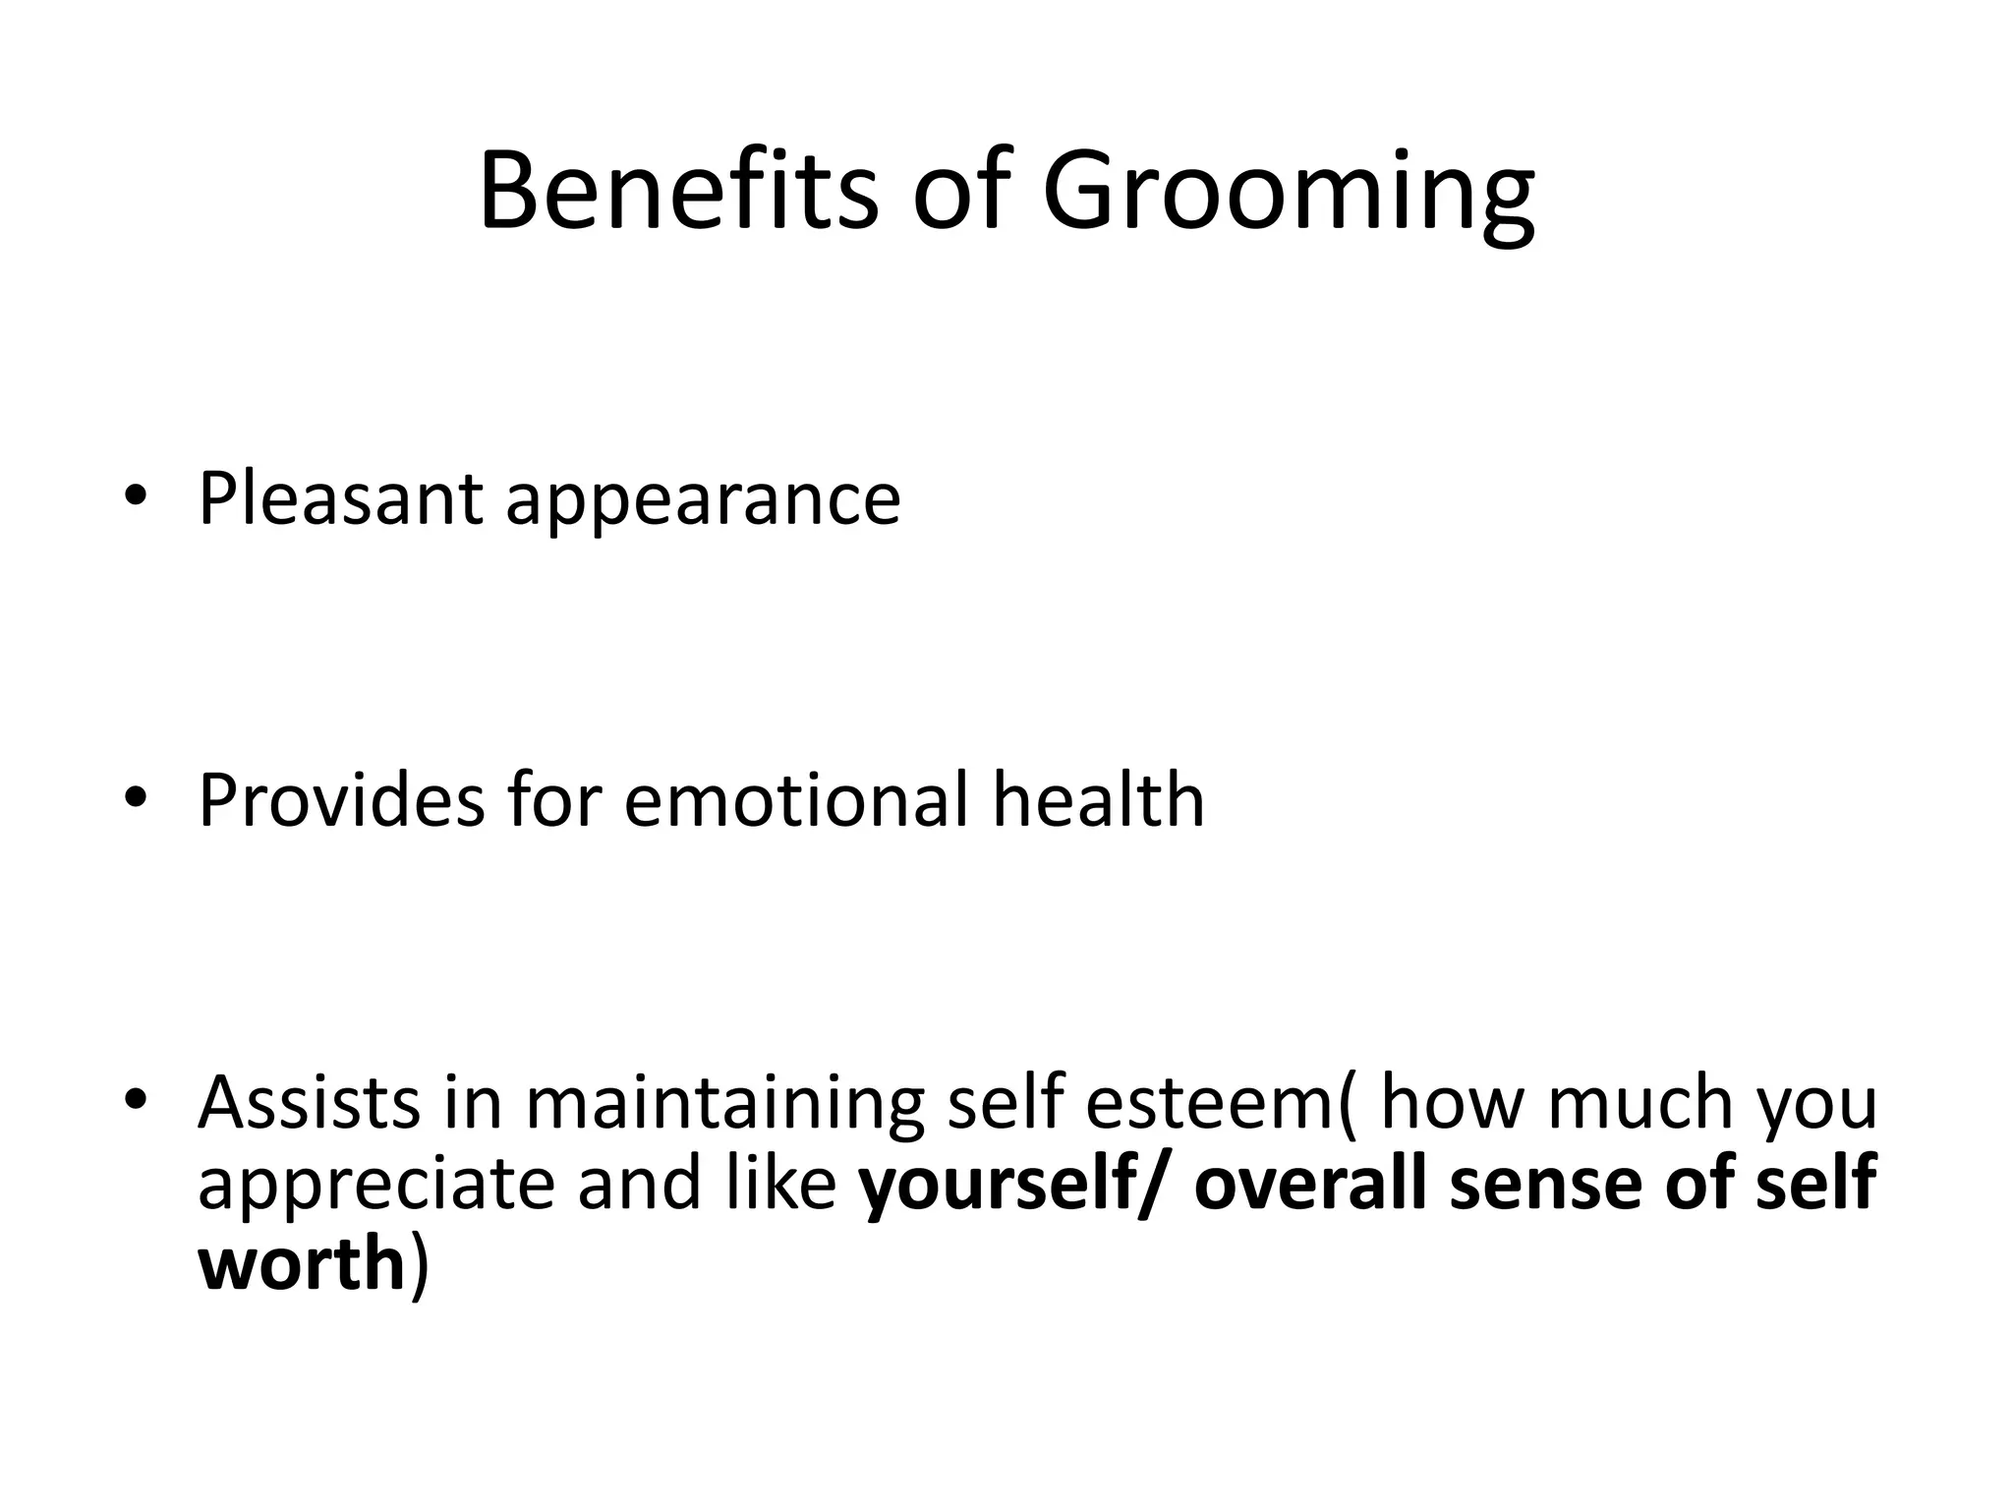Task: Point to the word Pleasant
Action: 340,499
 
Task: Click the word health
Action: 1098,800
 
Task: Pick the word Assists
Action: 309,1102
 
